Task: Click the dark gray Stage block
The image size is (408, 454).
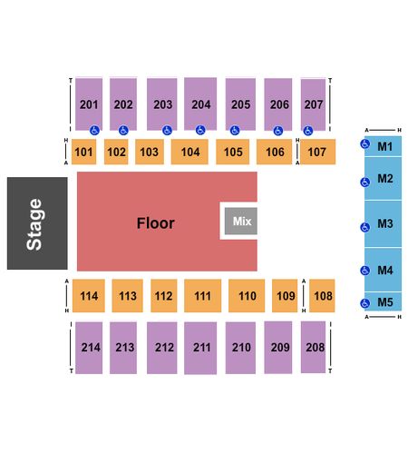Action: (x=37, y=223)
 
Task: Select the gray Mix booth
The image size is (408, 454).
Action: (x=241, y=221)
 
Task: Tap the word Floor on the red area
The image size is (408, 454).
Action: (x=156, y=223)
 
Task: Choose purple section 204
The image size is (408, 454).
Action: (x=200, y=104)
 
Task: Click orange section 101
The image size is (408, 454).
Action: (x=83, y=152)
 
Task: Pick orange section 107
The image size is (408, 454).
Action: (x=317, y=152)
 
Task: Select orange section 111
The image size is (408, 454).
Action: (x=202, y=296)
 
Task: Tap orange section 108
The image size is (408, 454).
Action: (x=322, y=296)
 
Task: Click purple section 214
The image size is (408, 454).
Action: (x=89, y=348)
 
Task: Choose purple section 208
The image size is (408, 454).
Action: (x=313, y=347)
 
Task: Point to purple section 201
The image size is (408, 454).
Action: (x=89, y=104)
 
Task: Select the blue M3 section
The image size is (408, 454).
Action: (x=383, y=224)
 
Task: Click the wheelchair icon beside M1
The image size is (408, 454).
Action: (x=365, y=144)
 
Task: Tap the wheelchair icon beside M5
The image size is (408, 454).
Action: (x=365, y=303)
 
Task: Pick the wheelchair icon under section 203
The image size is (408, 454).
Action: (x=167, y=131)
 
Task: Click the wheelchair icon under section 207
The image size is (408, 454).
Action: (x=308, y=131)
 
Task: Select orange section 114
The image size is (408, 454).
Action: (x=89, y=296)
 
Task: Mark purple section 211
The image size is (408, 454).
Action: (x=200, y=348)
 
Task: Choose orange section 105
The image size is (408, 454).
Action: (x=233, y=152)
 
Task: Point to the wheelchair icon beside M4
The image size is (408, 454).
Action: (x=365, y=271)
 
